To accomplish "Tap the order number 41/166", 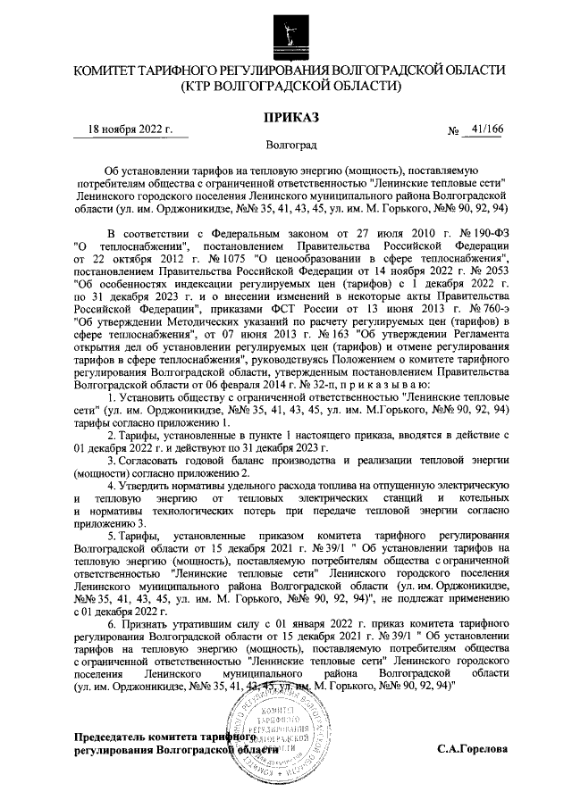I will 487,129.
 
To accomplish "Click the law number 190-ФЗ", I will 478,231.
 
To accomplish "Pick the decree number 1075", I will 165,256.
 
